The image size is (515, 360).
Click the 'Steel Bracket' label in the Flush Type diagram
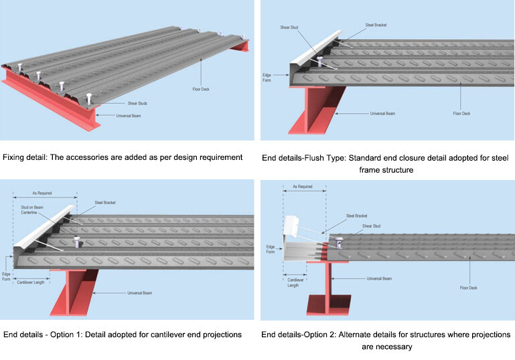tap(376, 25)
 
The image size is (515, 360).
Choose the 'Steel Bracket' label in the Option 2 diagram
tap(357, 215)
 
